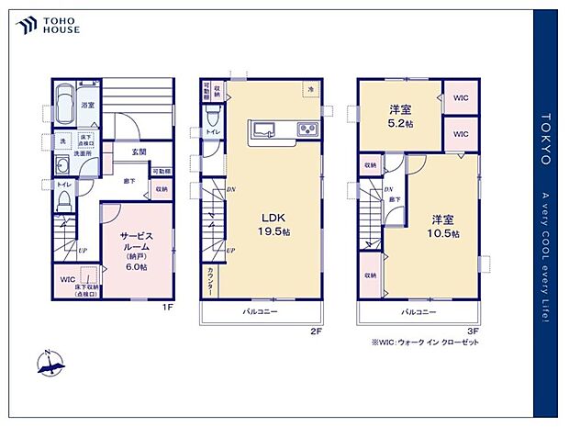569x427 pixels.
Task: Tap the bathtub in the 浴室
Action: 63,98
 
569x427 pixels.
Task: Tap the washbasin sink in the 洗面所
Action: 61,166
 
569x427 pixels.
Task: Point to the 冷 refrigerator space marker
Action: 312,89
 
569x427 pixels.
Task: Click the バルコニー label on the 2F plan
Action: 261,313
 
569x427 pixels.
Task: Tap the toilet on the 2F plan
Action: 212,117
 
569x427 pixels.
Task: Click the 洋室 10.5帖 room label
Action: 444,226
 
